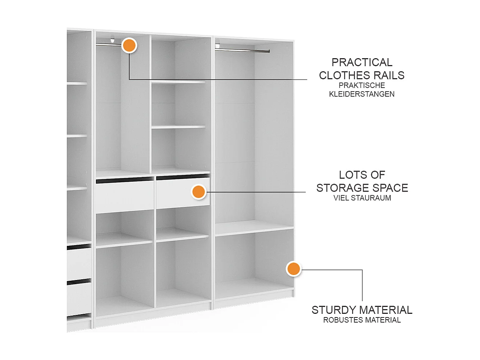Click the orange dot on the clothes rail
click(x=129, y=45)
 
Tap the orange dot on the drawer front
click(x=199, y=192)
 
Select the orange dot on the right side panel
click(x=293, y=269)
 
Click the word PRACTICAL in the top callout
click(x=362, y=62)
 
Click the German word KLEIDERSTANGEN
click(x=362, y=94)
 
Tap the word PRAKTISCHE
click(x=362, y=85)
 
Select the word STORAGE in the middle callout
click(x=340, y=188)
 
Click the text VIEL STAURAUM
click(x=362, y=198)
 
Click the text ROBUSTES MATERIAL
click(x=362, y=320)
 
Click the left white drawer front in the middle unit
click(x=124, y=196)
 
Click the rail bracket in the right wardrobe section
click(x=218, y=46)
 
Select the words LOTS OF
click(x=362, y=175)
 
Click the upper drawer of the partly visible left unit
click(x=79, y=264)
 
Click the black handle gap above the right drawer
click(x=183, y=177)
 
